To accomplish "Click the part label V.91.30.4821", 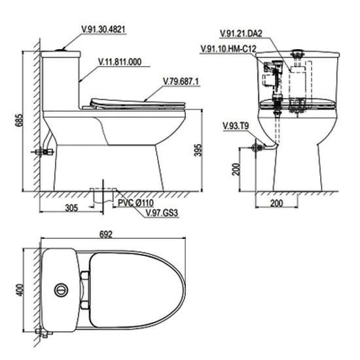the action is point(103,29).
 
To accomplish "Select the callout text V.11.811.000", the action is point(120,62).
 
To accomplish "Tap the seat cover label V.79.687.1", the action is point(181,81).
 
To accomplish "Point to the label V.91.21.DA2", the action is point(241,33).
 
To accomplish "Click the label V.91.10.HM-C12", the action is point(228,48).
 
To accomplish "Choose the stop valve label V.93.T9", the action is point(236,126).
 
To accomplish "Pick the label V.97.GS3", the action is point(162,213).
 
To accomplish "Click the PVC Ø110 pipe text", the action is point(135,203).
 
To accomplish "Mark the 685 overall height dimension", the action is point(19,120).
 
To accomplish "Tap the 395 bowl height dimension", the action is point(198,150).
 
